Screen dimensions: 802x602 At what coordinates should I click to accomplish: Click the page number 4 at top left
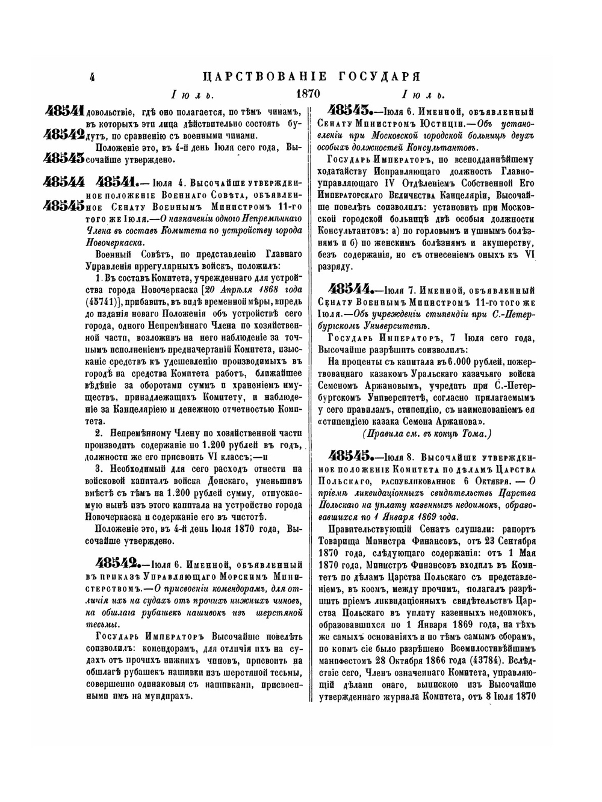(92, 77)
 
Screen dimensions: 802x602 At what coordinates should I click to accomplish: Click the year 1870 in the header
(308, 94)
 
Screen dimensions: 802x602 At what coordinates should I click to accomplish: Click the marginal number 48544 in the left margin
(64, 181)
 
